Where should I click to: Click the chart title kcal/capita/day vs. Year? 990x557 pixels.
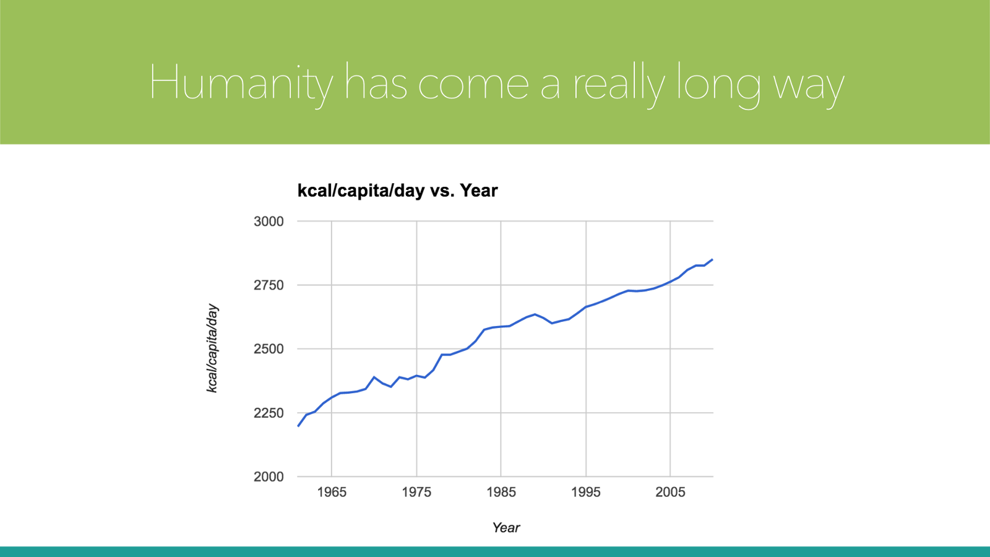(397, 191)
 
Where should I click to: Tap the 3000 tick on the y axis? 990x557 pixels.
(269, 221)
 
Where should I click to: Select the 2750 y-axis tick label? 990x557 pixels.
(269, 285)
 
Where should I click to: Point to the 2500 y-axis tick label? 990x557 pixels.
(269, 349)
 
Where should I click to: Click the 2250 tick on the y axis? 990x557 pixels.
(269, 413)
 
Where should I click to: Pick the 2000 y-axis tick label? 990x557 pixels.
(269, 477)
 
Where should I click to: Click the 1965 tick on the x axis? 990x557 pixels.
(332, 492)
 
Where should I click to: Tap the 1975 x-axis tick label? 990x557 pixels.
(416, 492)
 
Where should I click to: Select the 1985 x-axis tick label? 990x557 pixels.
(501, 492)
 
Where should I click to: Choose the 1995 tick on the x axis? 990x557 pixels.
(585, 492)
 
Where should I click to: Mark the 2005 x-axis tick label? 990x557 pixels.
(671, 492)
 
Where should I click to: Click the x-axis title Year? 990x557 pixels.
(506, 527)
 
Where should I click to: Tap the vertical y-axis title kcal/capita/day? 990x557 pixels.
(213, 348)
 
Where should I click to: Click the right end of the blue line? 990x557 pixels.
(712, 259)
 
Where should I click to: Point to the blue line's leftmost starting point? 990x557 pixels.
(298, 426)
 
